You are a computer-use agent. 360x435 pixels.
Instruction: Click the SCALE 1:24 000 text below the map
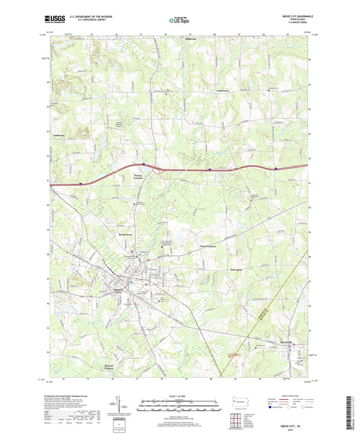click(x=180, y=394)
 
